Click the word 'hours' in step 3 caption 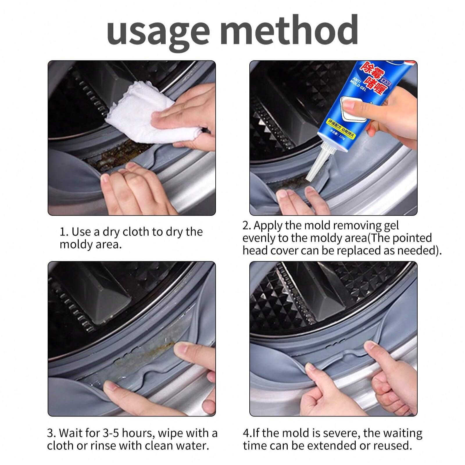point(139,433)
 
